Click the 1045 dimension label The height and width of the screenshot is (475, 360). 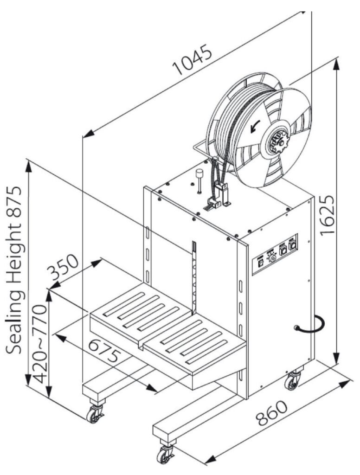[x=193, y=61]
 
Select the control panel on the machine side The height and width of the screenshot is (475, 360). [x=274, y=254]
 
